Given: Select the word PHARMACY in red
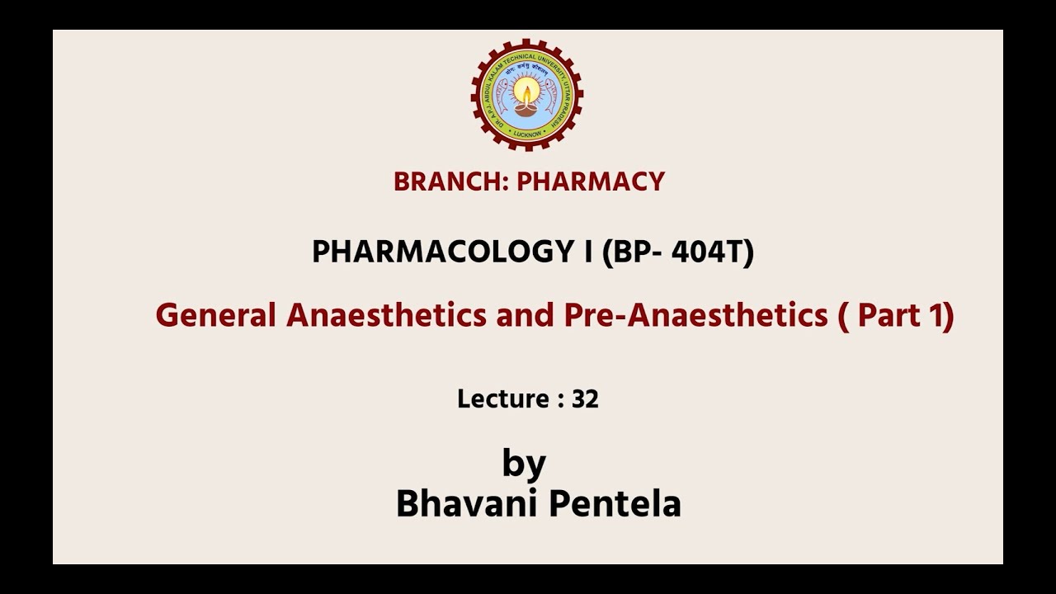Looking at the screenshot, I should point(591,181).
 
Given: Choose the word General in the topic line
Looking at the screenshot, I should point(215,315).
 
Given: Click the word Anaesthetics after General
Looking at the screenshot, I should point(386,315).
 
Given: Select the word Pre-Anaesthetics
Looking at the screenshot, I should point(695,315).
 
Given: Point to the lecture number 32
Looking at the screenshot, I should point(585,399).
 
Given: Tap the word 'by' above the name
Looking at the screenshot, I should point(524,464).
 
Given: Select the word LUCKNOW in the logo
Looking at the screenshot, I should point(526,133).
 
